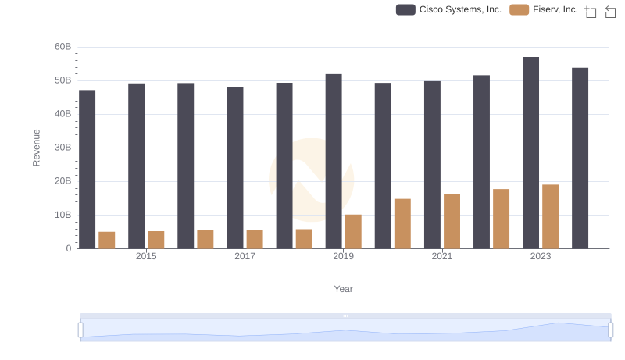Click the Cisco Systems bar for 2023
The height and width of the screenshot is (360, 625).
click(530, 153)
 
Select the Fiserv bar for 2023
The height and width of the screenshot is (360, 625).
click(550, 216)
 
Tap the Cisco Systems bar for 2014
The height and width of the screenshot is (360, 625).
click(87, 169)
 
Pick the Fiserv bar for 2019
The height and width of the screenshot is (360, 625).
click(353, 231)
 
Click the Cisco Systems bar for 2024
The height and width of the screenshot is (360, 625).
click(580, 159)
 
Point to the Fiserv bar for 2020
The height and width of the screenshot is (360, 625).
click(402, 223)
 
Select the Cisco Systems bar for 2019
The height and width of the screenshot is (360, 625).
click(334, 162)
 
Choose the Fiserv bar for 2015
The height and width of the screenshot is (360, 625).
click(156, 240)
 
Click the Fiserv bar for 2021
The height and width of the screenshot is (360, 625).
click(452, 221)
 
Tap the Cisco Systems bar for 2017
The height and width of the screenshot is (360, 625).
click(235, 168)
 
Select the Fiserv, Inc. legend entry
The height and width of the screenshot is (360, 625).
click(544, 9)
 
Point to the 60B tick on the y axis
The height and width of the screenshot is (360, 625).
click(62, 47)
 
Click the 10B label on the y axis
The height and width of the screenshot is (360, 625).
click(62, 215)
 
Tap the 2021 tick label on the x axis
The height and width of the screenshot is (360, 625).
click(442, 256)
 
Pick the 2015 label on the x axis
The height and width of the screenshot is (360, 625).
click(146, 256)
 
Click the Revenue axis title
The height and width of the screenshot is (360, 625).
click(36, 148)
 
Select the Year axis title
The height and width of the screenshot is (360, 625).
click(344, 289)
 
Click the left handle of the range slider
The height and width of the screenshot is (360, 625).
click(80, 330)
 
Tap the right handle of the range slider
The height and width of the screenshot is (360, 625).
click(610, 330)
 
